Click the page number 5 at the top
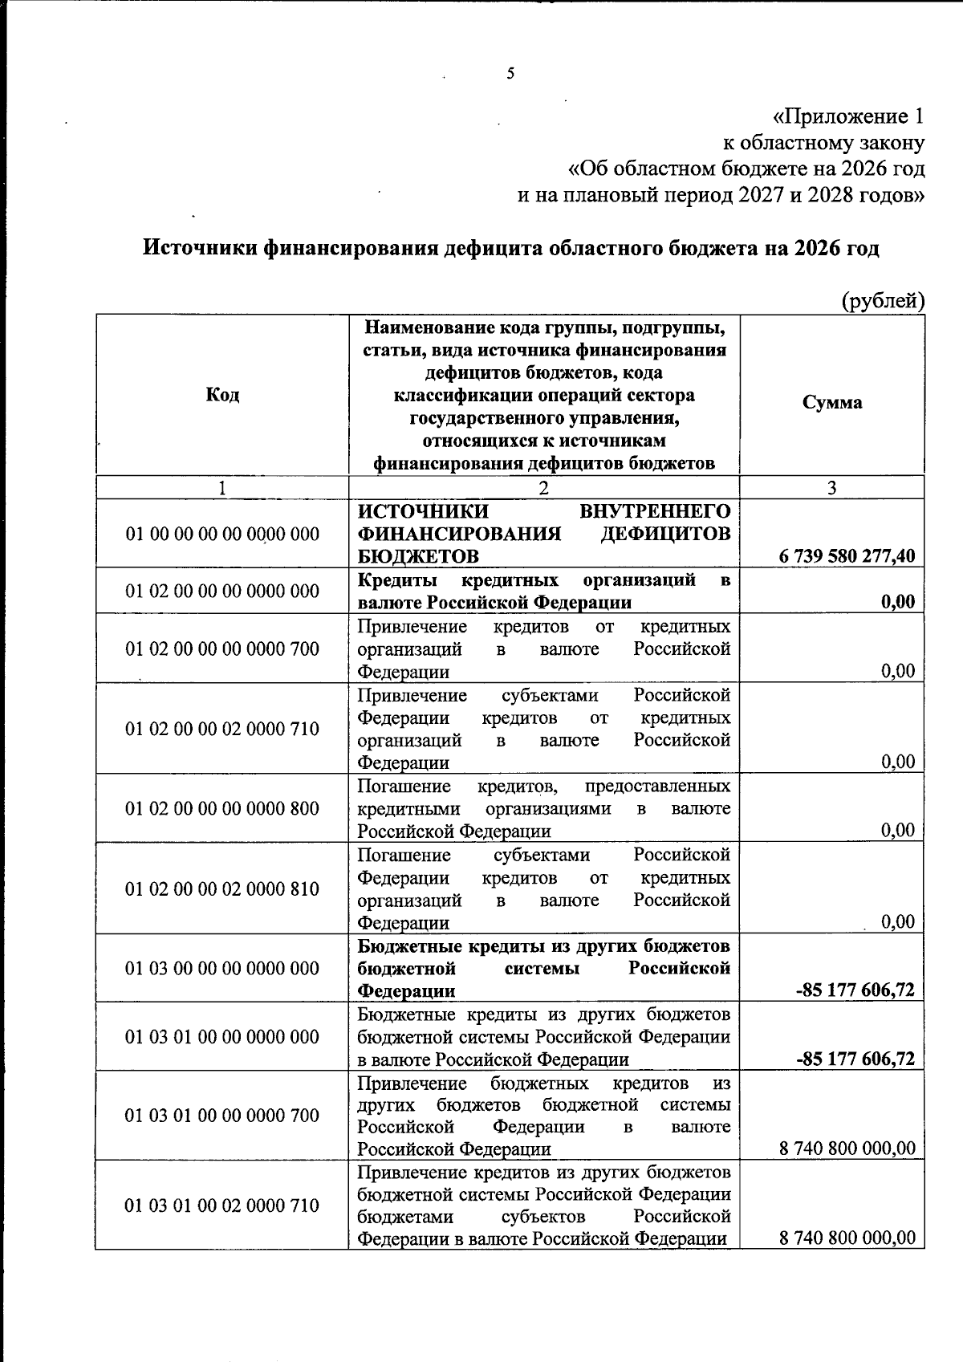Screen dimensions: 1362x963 coord(510,74)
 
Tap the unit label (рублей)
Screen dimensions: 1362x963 coord(883,301)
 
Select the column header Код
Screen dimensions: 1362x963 coord(222,394)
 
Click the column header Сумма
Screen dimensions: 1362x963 coord(832,402)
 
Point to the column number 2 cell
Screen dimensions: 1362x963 coord(543,488)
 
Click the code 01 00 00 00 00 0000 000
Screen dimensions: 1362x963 coord(222,534)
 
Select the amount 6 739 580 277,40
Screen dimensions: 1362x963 coord(847,555)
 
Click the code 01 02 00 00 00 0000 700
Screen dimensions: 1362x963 coord(222,648)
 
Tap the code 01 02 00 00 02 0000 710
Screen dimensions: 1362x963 coord(222,729)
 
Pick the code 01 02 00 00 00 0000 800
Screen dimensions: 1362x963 coord(222,808)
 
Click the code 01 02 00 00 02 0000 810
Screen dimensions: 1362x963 coord(222,888)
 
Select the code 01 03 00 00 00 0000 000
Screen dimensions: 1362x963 coord(222,968)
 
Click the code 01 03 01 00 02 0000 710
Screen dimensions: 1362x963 coord(222,1205)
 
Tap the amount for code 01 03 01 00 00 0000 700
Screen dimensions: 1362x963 coord(847,1149)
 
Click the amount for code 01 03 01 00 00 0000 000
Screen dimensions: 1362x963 coord(855,1059)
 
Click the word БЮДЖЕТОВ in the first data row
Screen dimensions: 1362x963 coord(419,556)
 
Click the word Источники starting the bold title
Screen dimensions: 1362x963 coord(201,248)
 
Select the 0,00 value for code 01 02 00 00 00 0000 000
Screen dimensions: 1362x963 coord(897,602)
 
